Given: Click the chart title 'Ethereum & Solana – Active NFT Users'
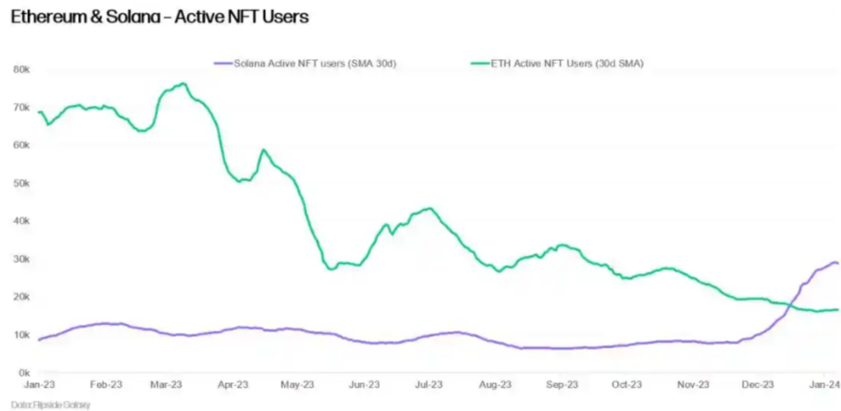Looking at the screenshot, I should point(160,16).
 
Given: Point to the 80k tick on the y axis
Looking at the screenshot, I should point(21,69).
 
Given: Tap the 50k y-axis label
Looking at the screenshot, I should point(21,183).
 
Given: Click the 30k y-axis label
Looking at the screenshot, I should point(21,258).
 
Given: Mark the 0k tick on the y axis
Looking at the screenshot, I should point(24,372).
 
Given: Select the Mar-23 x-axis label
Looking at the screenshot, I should point(168,384).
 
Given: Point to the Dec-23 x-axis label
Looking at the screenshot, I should point(757,384).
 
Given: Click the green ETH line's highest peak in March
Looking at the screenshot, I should point(183,84).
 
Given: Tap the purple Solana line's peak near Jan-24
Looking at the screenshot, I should point(834,263).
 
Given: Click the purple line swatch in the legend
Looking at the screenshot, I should point(222,63).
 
